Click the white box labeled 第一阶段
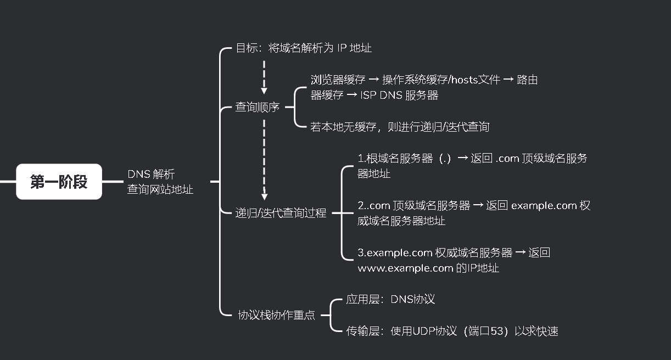[59, 182]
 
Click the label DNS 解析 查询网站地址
[160, 182]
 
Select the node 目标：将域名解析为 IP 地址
[304, 48]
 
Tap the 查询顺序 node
[258, 107]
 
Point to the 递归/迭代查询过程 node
[281, 213]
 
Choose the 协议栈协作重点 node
[276, 315]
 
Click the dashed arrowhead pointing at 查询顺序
[264, 90]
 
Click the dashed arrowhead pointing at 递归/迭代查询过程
[264, 196]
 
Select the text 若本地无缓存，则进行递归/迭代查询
[400, 127]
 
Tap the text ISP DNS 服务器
[400, 95]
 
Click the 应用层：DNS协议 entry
[390, 300]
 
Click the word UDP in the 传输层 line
[423, 331]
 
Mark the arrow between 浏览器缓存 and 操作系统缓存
[371, 80]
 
